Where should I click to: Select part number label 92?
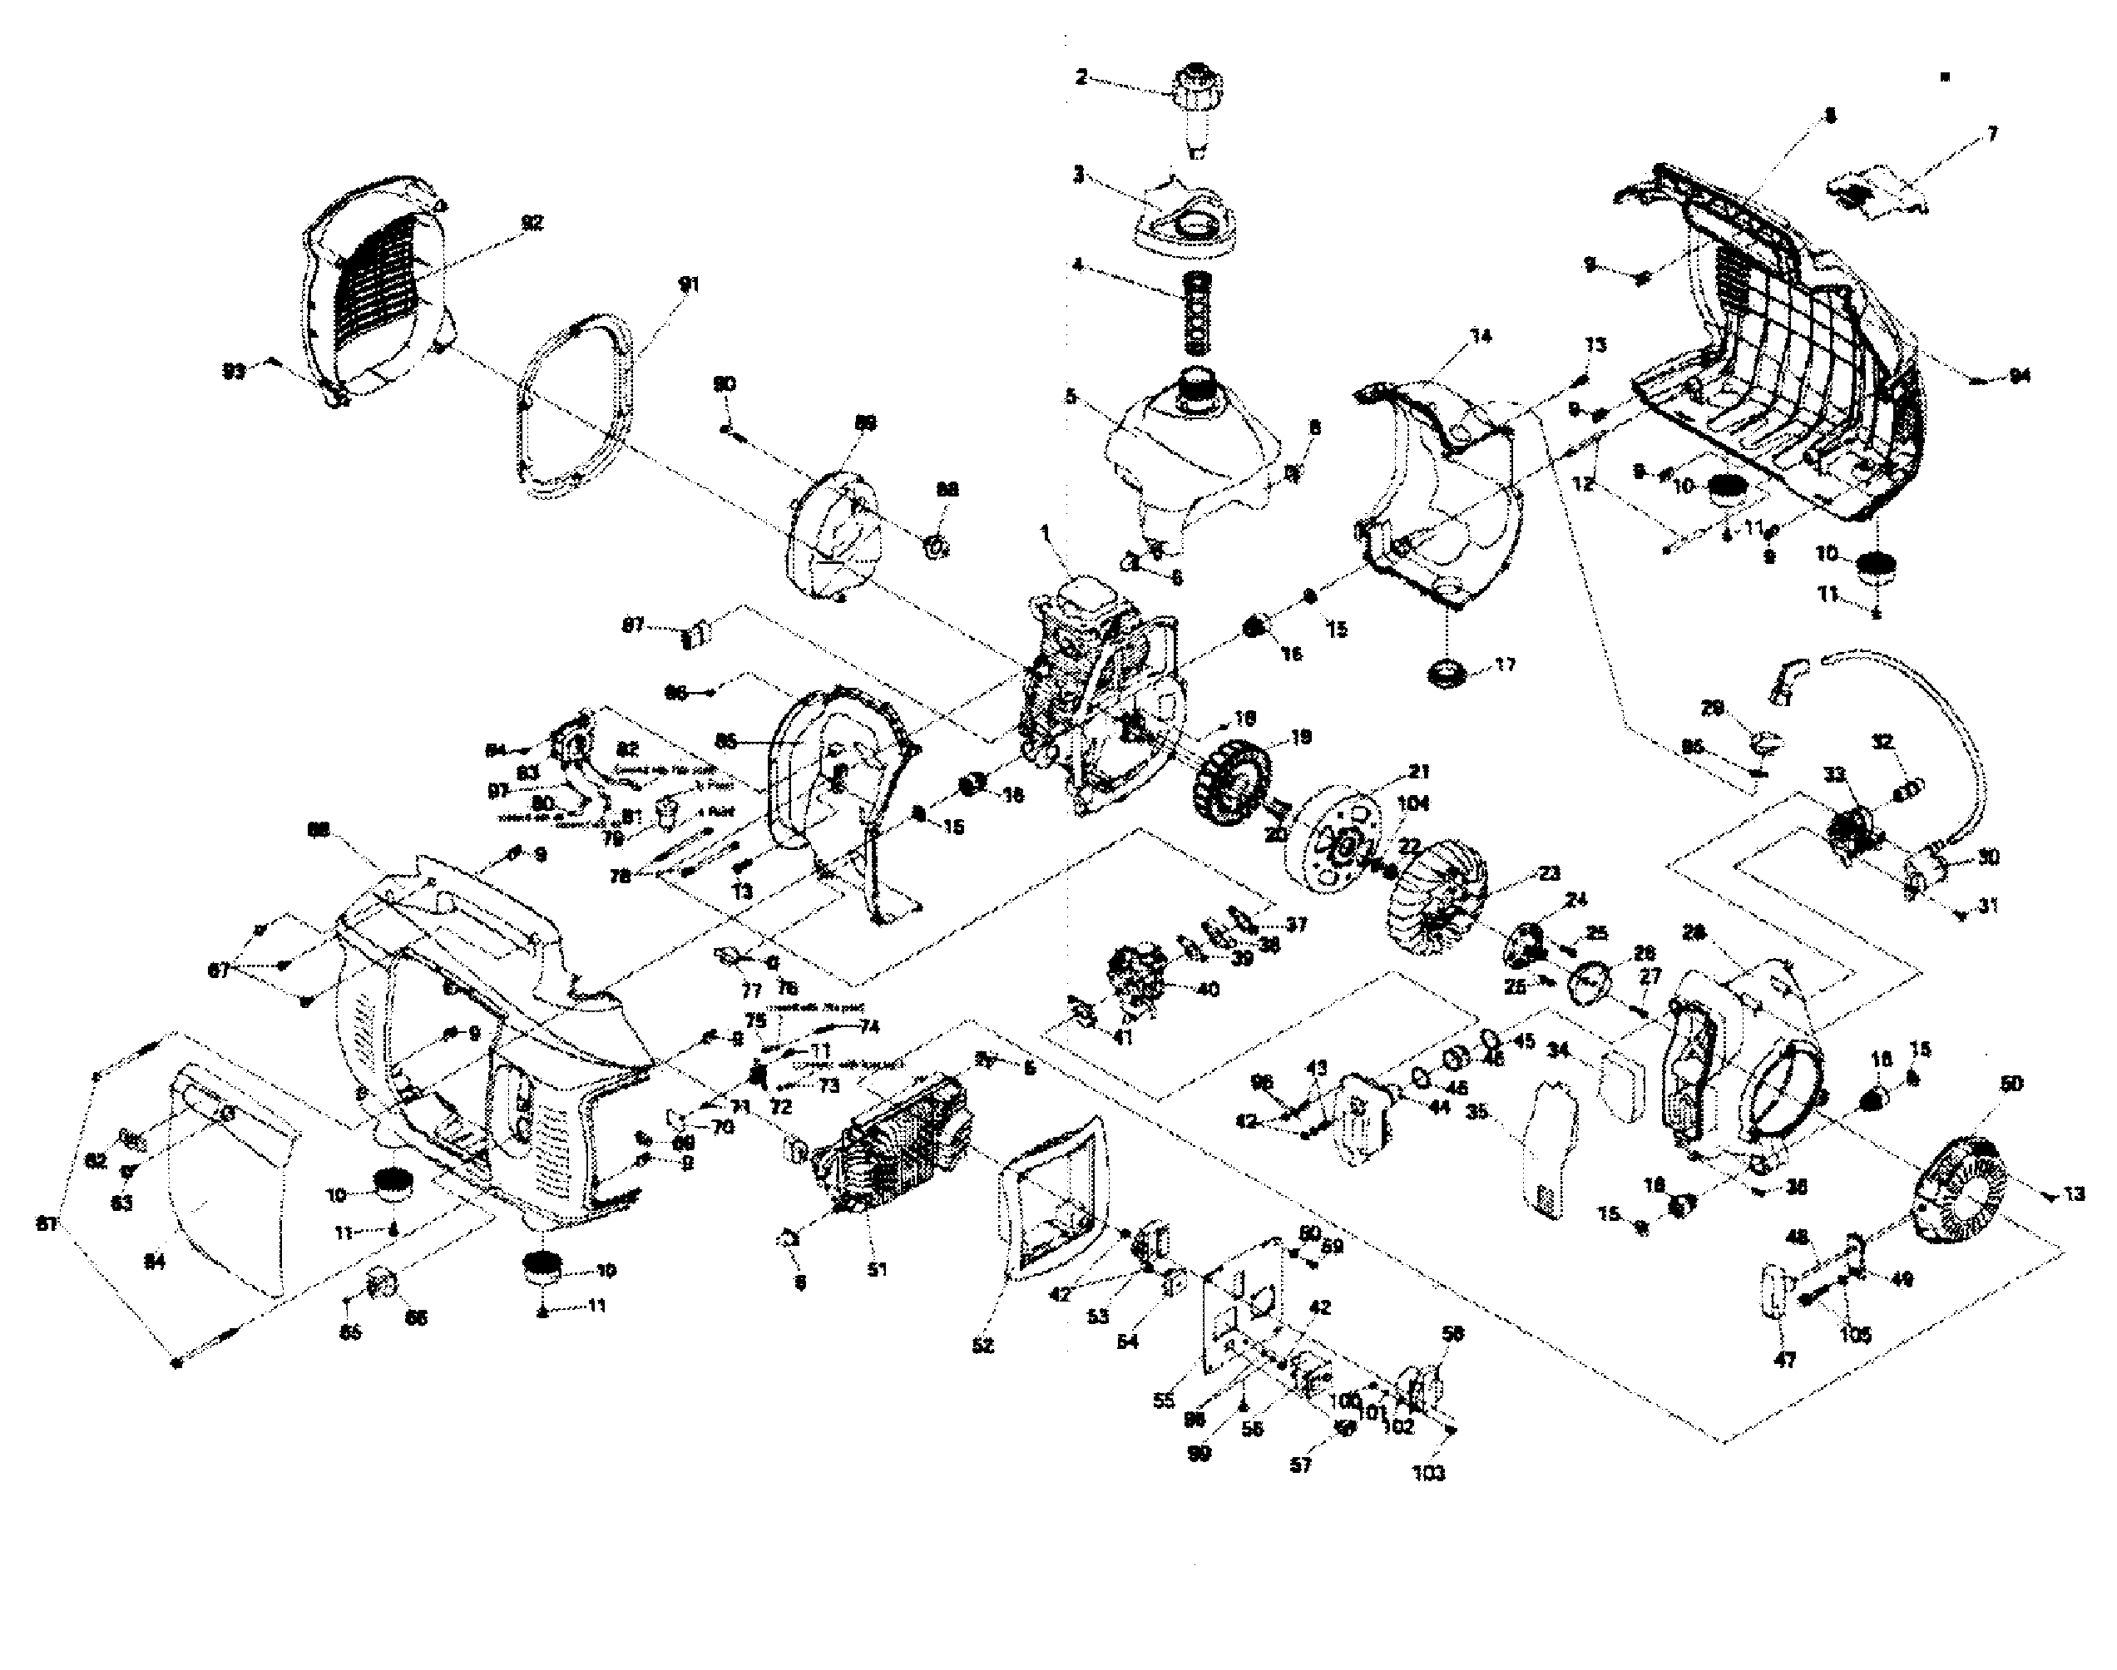(531, 223)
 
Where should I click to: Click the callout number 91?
(690, 284)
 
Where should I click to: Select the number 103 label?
(1428, 1473)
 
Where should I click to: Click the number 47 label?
(1784, 1359)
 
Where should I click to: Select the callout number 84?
(155, 1262)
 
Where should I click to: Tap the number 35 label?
(1476, 1112)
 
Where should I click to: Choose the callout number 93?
(233, 372)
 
